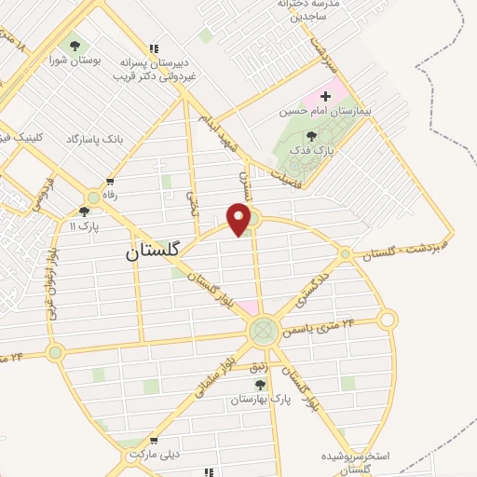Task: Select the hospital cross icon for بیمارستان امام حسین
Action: (325, 95)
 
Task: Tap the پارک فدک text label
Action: (311, 151)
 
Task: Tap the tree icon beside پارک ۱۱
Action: (84, 212)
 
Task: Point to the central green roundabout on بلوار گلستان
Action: (263, 330)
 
